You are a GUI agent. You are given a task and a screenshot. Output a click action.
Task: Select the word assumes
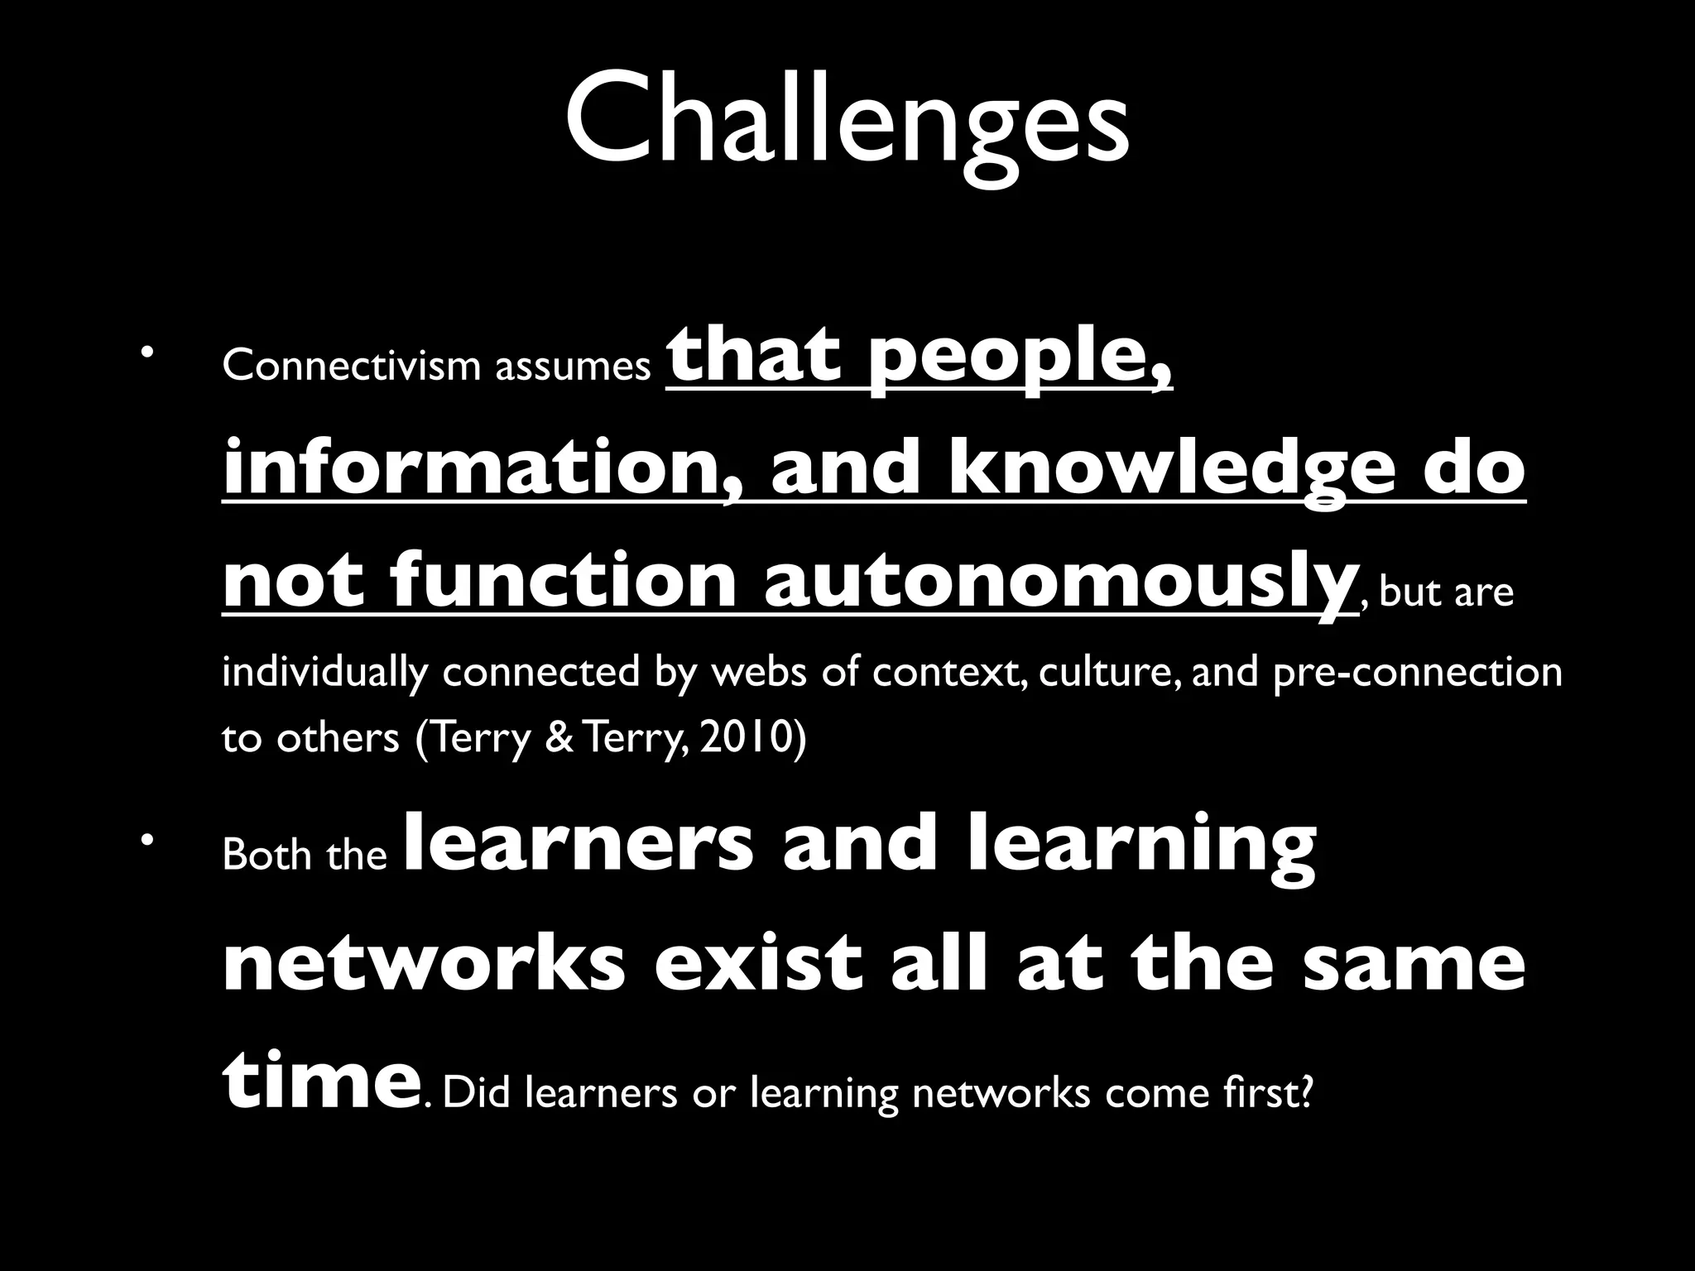pos(573,367)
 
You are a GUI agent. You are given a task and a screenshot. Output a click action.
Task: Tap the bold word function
pos(563,580)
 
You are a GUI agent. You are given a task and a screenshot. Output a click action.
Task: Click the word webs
pos(759,672)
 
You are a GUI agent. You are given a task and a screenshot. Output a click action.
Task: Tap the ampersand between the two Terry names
pos(559,738)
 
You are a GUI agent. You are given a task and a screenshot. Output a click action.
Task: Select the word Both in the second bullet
pos(266,855)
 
